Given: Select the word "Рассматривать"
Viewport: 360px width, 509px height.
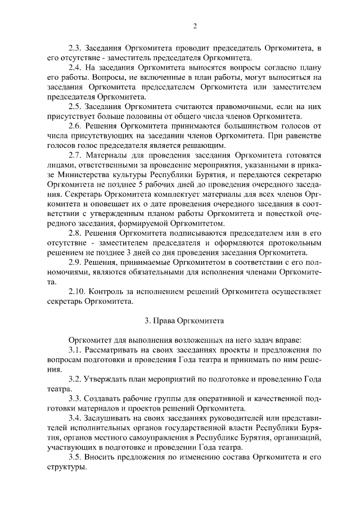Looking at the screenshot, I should [x=114, y=350].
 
